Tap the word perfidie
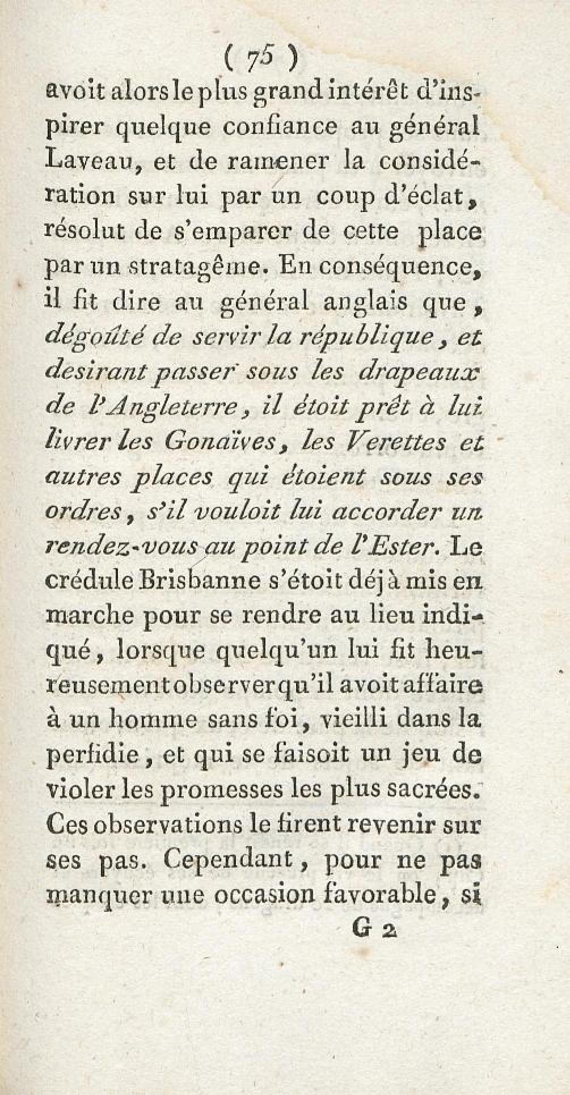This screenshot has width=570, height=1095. point(92,755)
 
